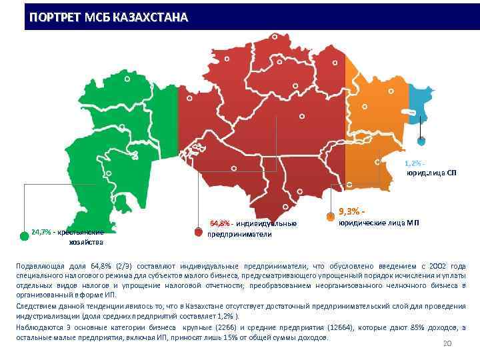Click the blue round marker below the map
point(421,141)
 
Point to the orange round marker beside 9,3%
point(330,216)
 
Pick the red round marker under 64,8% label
point(198,232)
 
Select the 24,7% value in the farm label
point(42,233)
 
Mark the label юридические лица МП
point(379,222)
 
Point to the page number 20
point(447,344)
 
